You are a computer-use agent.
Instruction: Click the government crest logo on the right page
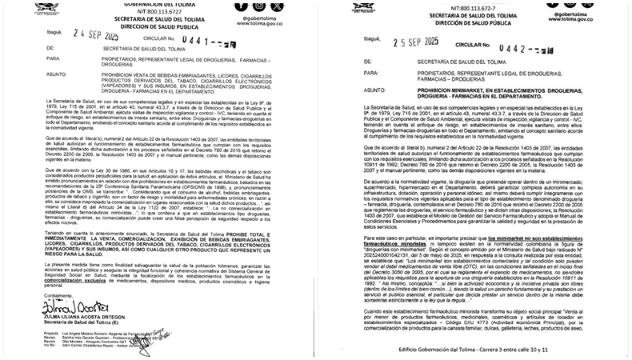[x=358, y=6]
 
